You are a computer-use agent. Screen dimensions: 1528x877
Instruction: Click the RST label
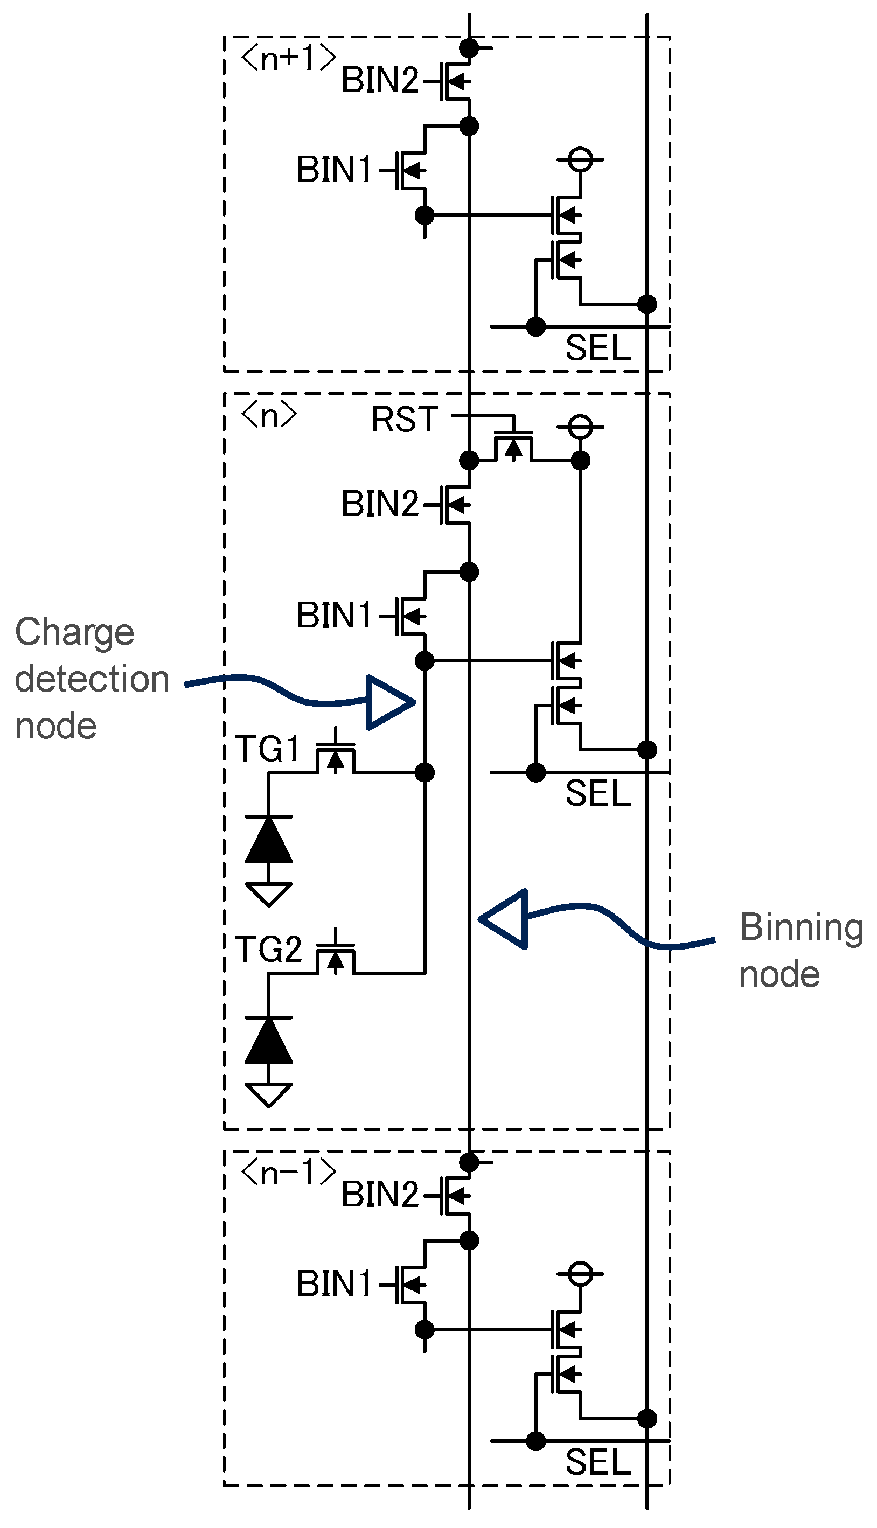404,419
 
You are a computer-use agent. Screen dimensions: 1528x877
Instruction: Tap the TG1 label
267,749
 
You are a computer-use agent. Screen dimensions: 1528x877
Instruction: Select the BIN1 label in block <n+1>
335,169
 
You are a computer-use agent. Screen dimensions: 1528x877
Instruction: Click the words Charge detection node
91,679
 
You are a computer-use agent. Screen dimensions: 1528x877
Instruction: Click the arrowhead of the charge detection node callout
389,702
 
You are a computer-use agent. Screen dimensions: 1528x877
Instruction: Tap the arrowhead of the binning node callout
506,919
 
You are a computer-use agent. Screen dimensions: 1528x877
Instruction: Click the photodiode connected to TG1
269,840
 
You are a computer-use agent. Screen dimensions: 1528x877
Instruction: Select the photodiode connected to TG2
269,1041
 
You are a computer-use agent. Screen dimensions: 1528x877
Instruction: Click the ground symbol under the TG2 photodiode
269,1094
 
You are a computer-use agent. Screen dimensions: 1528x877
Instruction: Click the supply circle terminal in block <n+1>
581,160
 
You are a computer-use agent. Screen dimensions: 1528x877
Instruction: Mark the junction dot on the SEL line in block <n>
535,772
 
